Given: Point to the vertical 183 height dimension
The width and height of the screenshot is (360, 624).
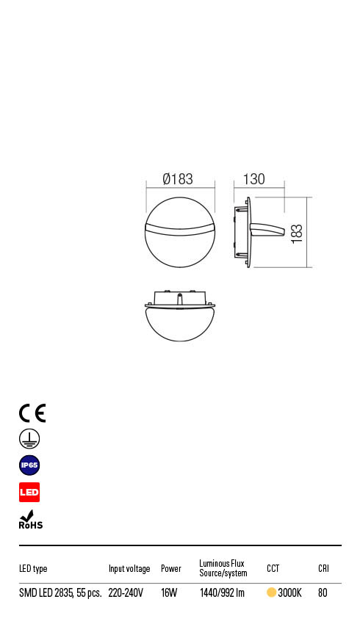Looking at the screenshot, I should [x=297, y=233].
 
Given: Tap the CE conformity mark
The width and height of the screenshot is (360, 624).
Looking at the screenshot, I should [x=32, y=413].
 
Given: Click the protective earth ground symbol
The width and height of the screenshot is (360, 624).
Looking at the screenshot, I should [x=29, y=439].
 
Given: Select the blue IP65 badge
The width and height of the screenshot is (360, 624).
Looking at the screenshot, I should [x=29, y=465].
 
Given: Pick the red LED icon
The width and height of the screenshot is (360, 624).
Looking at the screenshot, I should [x=29, y=492].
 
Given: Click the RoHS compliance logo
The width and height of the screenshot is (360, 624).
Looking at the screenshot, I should [x=30, y=520].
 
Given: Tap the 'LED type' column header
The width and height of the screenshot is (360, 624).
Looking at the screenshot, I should [x=33, y=569].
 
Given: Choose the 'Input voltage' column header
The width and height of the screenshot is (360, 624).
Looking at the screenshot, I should [x=129, y=569].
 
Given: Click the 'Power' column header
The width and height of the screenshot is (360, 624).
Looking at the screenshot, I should [x=171, y=569].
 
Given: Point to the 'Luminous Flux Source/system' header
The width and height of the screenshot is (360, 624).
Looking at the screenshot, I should [x=223, y=568].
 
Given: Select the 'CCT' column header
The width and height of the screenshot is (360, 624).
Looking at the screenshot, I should [x=273, y=569].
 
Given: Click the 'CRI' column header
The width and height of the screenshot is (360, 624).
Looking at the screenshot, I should [x=323, y=569].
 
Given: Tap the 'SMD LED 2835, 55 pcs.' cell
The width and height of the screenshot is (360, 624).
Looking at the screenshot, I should [x=60, y=593].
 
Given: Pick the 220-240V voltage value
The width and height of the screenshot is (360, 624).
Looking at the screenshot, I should [x=126, y=593].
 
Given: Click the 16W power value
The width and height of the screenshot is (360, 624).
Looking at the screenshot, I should [x=169, y=593].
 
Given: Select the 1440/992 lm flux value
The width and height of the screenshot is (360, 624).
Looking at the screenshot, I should [x=222, y=593].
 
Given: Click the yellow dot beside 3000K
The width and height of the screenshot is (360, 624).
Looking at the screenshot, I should [x=271, y=593].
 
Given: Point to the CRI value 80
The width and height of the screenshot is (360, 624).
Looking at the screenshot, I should [x=323, y=593].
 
